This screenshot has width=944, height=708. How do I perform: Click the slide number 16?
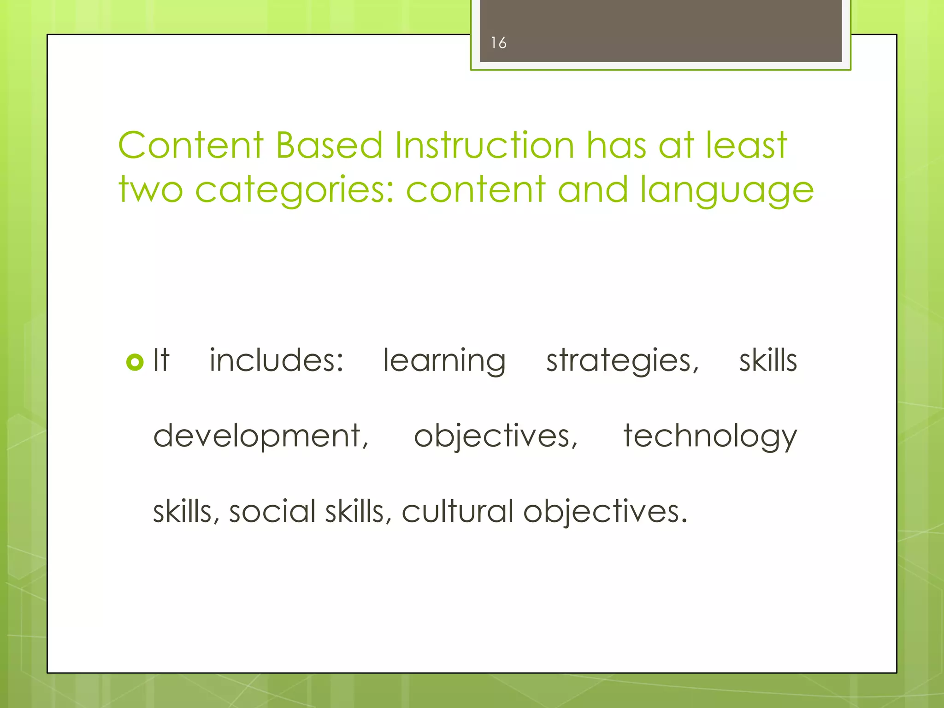pos(498,43)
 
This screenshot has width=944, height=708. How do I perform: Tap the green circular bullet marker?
pos(135,362)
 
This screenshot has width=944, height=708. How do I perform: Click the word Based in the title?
pos(329,145)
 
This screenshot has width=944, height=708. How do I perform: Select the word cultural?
pos(457,512)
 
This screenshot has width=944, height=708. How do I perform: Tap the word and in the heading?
pos(593,189)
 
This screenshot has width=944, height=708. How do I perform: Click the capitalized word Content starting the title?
pos(191,145)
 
